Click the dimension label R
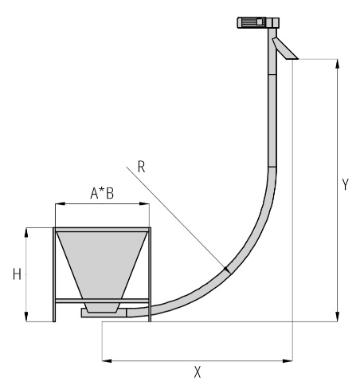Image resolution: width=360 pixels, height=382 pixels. click(x=142, y=167)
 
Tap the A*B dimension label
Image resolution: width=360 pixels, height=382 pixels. click(x=102, y=193)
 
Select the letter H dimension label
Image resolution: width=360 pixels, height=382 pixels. click(x=17, y=274)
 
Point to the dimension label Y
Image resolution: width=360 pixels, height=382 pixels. click(x=345, y=184)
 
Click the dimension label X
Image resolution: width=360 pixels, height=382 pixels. click(x=198, y=372)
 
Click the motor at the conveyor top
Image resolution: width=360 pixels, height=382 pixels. click(x=251, y=22)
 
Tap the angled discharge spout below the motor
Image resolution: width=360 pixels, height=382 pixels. click(x=285, y=49)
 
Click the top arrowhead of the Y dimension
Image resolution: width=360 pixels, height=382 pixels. click(x=337, y=64)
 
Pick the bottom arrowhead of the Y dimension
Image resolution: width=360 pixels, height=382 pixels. click(x=337, y=317)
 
